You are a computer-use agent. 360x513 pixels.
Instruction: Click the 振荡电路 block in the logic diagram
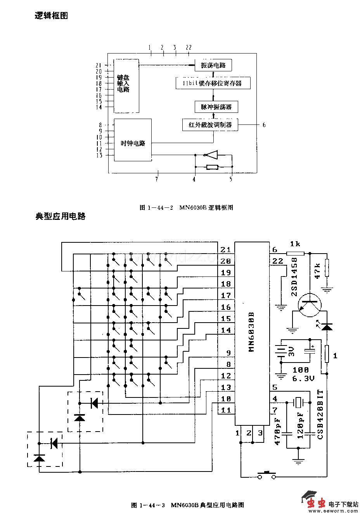(213, 65)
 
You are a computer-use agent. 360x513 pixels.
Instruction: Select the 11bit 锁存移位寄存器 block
(213, 83)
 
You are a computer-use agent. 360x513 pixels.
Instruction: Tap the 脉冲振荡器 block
(216, 107)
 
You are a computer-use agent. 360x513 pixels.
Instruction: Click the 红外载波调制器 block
(210, 125)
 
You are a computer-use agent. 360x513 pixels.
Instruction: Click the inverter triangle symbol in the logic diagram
(211, 155)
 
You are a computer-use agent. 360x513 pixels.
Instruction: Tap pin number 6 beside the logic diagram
(264, 125)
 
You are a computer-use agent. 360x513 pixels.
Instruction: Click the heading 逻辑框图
(52, 16)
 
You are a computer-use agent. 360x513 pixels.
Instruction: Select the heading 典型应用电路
(61, 216)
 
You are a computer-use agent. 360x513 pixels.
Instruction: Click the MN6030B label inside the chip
(251, 332)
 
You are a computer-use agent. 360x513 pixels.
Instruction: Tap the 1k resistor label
(295, 244)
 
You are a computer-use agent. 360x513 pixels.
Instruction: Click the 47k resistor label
(317, 271)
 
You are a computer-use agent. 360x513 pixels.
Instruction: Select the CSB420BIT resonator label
(320, 415)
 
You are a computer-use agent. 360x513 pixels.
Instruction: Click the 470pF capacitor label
(278, 431)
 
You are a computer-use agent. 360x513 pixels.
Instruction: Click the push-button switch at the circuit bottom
(267, 475)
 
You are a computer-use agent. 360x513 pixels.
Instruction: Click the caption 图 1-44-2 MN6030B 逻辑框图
(186, 207)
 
